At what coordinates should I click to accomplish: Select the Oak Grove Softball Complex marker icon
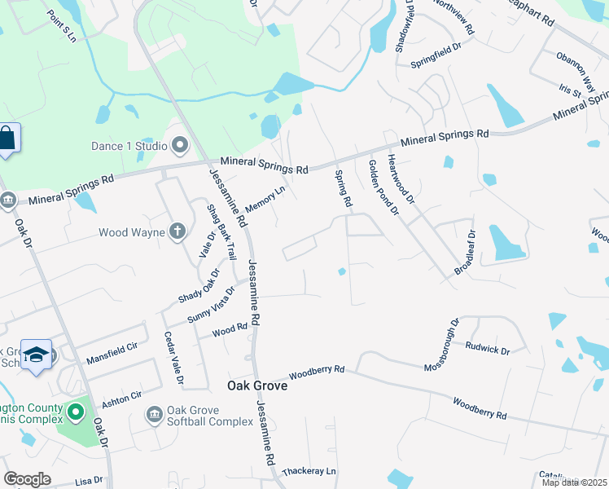coord(154,416)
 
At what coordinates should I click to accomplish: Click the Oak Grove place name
coord(256,385)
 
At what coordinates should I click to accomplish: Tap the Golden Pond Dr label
coord(383,187)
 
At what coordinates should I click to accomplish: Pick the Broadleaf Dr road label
coord(464,252)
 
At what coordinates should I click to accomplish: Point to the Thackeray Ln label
coord(309,472)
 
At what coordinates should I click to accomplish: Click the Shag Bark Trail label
coord(221,231)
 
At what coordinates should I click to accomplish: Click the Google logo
coord(28,479)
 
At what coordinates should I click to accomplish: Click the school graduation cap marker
coord(36,355)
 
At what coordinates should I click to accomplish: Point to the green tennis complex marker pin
coord(76,412)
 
